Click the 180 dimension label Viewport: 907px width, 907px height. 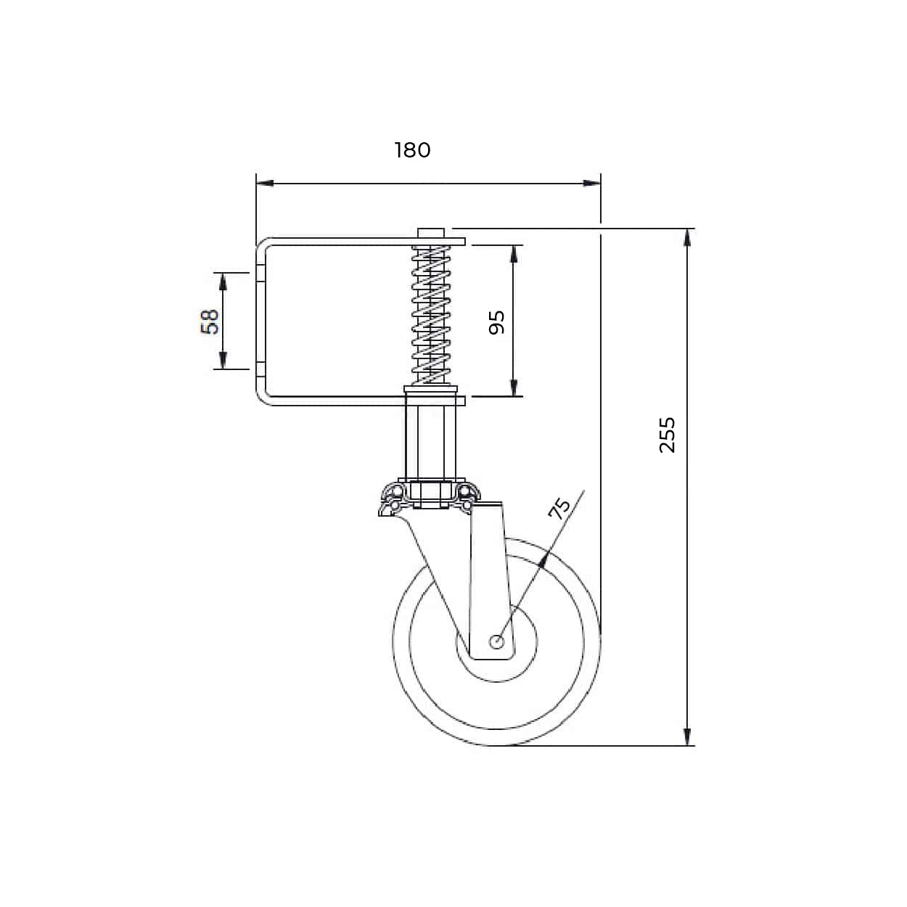(412, 150)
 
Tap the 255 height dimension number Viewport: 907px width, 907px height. (667, 435)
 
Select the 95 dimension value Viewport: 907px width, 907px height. (496, 322)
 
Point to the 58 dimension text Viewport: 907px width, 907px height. (210, 322)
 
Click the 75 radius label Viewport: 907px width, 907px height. (559, 509)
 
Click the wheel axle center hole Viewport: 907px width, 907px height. (497, 641)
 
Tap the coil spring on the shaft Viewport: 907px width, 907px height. (431, 315)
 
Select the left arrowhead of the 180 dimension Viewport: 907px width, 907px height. (265, 183)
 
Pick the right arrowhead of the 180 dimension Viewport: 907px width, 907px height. (591, 183)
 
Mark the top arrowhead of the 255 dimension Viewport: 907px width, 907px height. (687, 238)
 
